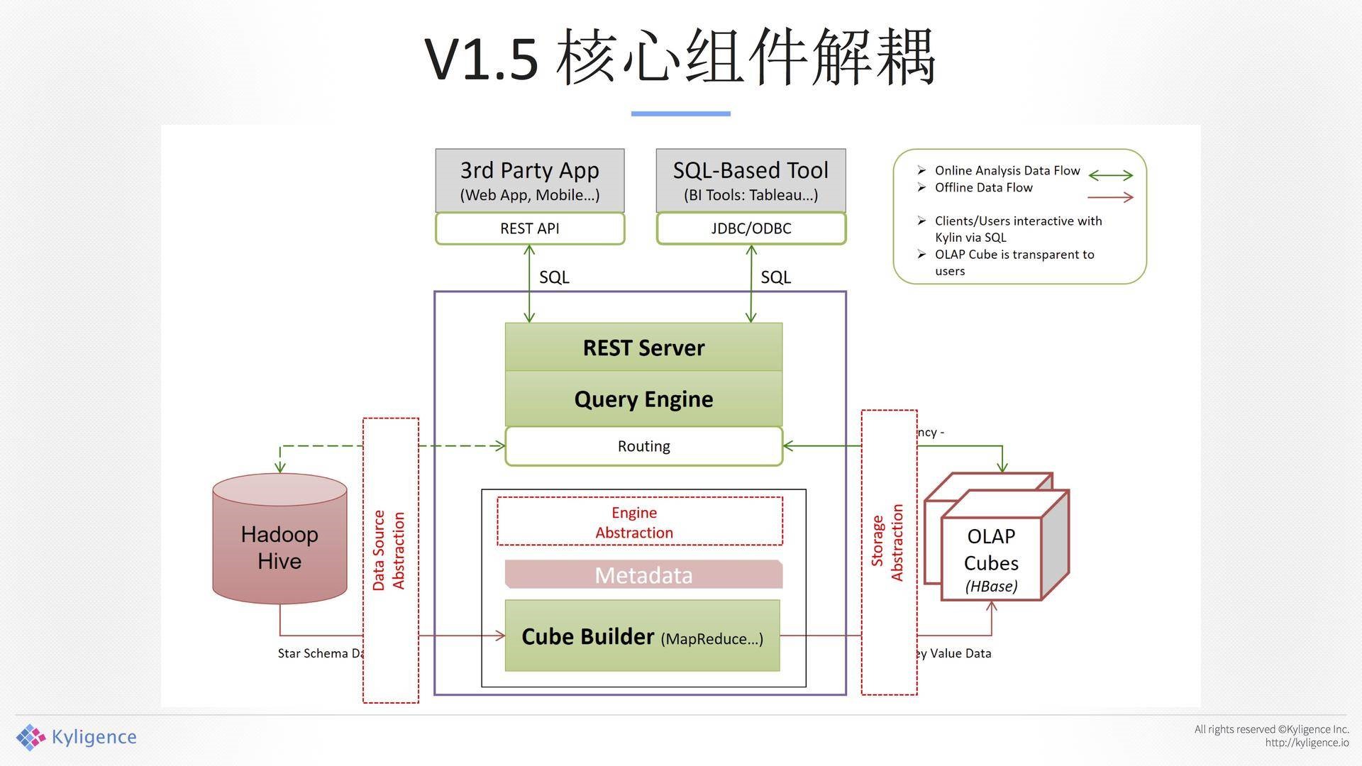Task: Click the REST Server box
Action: pyautogui.click(x=643, y=348)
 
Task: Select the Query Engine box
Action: pyautogui.click(x=643, y=399)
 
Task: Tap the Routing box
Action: pyautogui.click(x=643, y=446)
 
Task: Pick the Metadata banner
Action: pyautogui.click(x=643, y=574)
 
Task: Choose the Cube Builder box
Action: pyautogui.click(x=642, y=636)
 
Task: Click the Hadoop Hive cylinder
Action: pyautogui.click(x=279, y=547)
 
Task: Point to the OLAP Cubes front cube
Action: pyautogui.click(x=991, y=560)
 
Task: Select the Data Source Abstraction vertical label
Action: pyautogui.click(x=389, y=550)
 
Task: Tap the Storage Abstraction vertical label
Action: pyautogui.click(x=887, y=543)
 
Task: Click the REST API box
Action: pyautogui.click(x=530, y=228)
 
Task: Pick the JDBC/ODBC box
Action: pyautogui.click(x=751, y=228)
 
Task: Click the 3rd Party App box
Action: pyautogui.click(x=530, y=180)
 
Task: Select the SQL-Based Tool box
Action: pyautogui.click(x=751, y=180)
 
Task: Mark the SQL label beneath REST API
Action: pyautogui.click(x=554, y=277)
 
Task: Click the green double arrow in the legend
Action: pyautogui.click(x=1111, y=175)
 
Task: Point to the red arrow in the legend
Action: pyautogui.click(x=1111, y=197)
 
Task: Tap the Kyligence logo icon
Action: pyautogui.click(x=31, y=738)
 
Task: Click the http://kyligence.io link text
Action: pyautogui.click(x=1307, y=743)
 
